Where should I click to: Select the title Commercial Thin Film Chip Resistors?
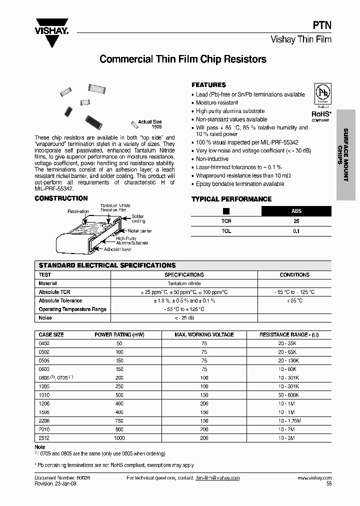pyautogui.click(x=183, y=59)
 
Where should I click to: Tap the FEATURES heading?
pyautogui.click(x=208, y=85)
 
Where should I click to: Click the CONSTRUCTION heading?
pyautogui.click(x=61, y=198)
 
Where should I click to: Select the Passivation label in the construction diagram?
pyautogui.click(x=78, y=211)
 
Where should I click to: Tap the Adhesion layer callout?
pyautogui.click(x=118, y=248)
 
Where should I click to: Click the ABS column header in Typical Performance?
pyautogui.click(x=296, y=211)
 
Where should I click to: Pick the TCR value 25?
pyautogui.click(x=296, y=221)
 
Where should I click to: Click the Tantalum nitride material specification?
pyautogui.click(x=184, y=283)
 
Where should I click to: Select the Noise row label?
pyautogui.click(x=45, y=318)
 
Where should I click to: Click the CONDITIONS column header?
pyautogui.click(x=294, y=274)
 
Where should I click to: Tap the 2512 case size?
pyautogui.click(x=44, y=438)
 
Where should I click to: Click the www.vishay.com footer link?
pyautogui.click(x=314, y=478)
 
